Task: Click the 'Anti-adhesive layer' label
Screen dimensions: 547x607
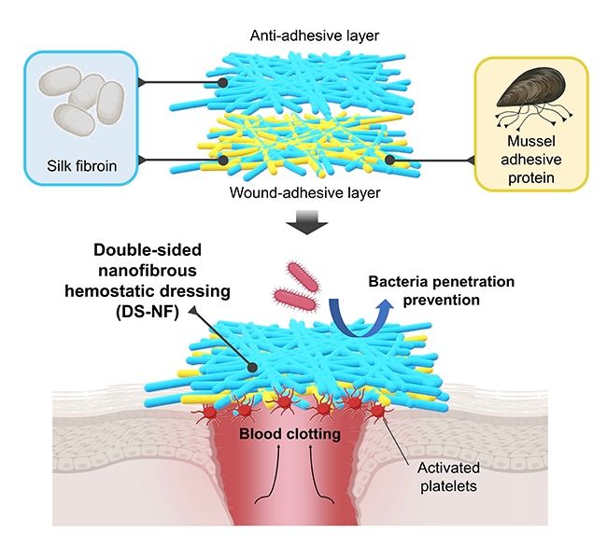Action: (x=303, y=36)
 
